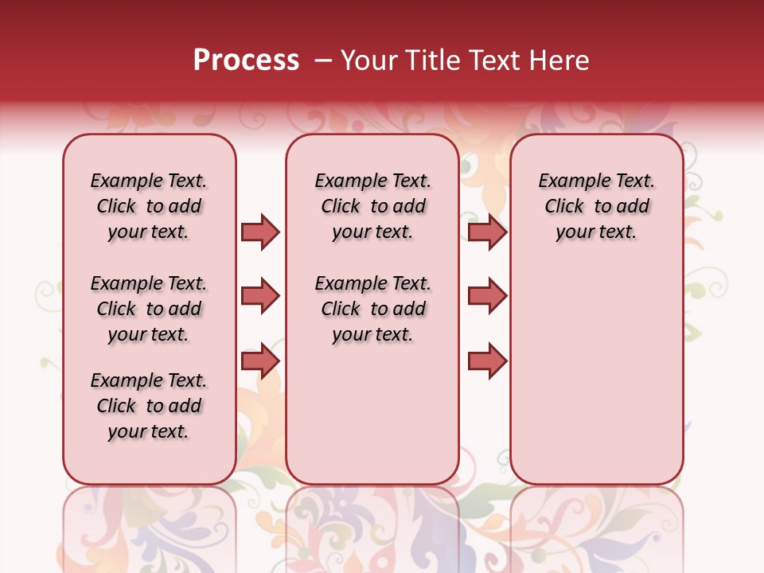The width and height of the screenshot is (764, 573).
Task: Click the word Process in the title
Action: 246,60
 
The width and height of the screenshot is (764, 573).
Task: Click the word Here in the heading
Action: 560,60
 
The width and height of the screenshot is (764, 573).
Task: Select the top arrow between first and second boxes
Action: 260,232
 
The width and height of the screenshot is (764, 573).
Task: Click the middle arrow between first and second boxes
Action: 260,296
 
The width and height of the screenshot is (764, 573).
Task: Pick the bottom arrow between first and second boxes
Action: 260,361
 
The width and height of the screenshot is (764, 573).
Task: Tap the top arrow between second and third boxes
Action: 487,232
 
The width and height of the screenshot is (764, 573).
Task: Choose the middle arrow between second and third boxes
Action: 487,296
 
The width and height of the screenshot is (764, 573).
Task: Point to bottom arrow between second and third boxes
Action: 487,361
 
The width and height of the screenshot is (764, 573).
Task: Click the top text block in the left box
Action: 149,206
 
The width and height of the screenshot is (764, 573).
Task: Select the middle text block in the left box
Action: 149,309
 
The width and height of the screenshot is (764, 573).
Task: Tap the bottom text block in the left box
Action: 149,406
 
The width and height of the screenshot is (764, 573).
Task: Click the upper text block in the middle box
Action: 372,206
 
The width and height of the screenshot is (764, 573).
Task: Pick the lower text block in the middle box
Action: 372,309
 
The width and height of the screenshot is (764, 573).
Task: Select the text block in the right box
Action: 597,206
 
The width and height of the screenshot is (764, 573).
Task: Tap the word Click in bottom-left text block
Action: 116,406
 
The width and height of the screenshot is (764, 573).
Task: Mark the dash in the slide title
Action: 323,60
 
